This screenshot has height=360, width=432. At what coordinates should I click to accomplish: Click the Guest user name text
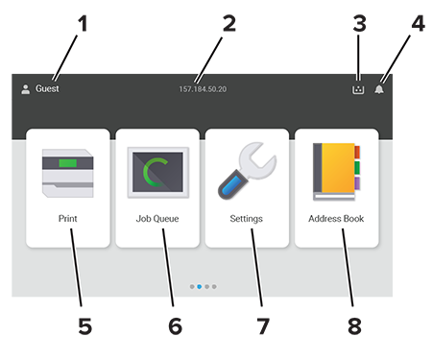pos(47,88)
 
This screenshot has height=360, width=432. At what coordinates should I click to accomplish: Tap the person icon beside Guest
pos(26,89)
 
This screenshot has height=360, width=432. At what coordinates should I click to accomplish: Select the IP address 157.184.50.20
pos(203,89)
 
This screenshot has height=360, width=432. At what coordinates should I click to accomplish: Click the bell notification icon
pos(379,89)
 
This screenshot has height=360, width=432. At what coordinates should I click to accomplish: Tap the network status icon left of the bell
pos(358,89)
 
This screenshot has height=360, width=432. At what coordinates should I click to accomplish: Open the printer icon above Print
pos(68,173)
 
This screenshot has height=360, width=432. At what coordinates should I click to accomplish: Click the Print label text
pos(67,219)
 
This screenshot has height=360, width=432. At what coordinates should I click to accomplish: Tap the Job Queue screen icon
pos(158,173)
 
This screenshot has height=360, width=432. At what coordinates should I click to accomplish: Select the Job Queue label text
pos(157,219)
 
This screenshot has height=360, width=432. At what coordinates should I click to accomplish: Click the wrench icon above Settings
pos(247,171)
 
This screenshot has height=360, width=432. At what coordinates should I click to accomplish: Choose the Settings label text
pos(247,219)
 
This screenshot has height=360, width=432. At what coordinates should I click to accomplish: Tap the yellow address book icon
pos(336,172)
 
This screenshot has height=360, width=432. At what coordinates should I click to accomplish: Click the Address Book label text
pos(336,219)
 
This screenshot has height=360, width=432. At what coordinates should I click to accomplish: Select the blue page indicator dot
pos(200,287)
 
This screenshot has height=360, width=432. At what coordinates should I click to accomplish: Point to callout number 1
pos(83,24)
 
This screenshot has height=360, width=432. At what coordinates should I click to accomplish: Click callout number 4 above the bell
pos(418,24)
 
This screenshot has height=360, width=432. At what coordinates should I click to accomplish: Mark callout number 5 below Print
pos(85,326)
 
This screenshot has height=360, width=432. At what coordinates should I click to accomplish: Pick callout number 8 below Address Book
pos(354,326)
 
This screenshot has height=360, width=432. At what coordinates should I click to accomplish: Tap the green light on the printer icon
pos(68,163)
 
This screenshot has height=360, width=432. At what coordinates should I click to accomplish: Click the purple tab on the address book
pos(357,183)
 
